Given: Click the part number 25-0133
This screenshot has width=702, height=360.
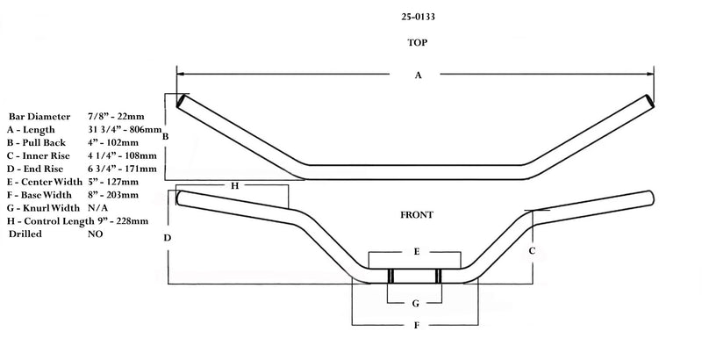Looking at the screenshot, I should click(x=417, y=14).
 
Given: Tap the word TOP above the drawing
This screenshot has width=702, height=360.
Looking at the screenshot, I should click(x=417, y=42).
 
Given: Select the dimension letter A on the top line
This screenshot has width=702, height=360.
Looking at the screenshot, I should click(x=418, y=76).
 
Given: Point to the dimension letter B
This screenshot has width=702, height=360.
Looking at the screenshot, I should click(x=165, y=136).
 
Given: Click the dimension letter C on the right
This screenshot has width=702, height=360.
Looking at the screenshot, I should click(x=532, y=250).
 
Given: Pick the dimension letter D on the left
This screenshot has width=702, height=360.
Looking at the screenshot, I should click(x=167, y=238).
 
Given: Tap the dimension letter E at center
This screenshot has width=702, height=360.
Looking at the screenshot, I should click(x=416, y=252).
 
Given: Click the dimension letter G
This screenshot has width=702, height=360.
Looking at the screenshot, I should click(x=416, y=303).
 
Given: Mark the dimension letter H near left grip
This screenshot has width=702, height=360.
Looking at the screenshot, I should click(x=234, y=186).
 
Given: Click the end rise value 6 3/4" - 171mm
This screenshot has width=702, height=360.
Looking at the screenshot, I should click(x=122, y=169).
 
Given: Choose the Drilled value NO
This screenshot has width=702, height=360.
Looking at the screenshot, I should click(x=96, y=234).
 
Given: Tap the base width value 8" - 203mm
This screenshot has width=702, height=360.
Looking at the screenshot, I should click(x=112, y=195).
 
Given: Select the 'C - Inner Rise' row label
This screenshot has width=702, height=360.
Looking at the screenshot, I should click(x=39, y=155).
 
